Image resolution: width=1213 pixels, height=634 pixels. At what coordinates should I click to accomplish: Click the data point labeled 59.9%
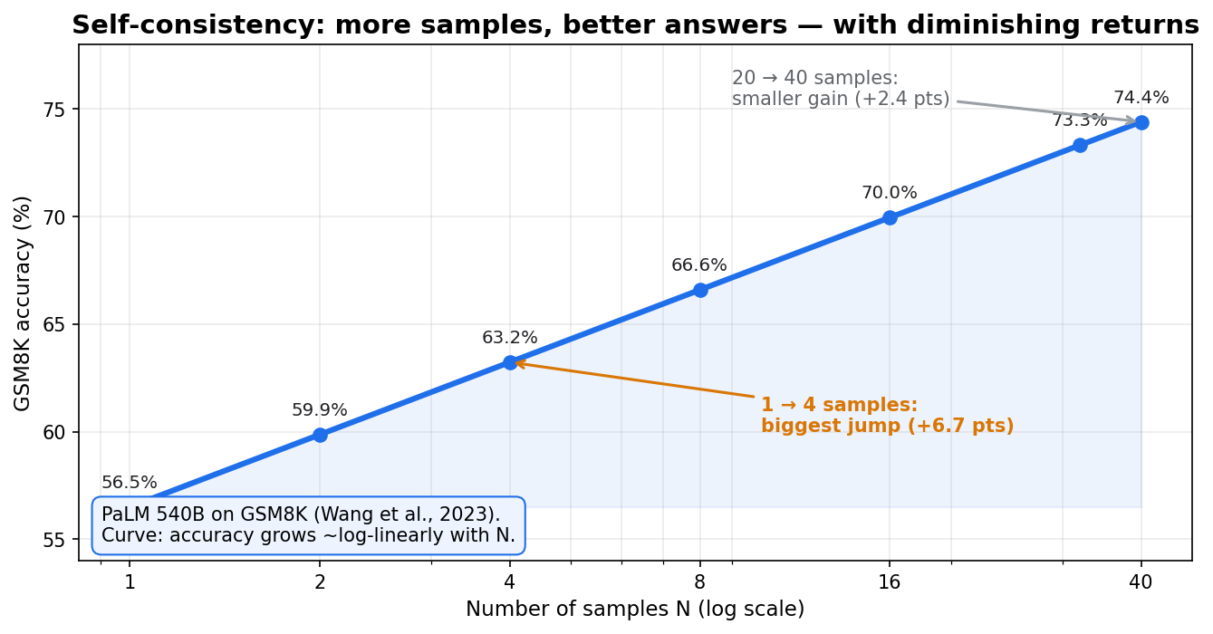point(320,435)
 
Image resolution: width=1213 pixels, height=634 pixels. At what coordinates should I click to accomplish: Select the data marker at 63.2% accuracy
point(510,363)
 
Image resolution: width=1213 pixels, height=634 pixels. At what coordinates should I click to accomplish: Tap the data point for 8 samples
point(700,290)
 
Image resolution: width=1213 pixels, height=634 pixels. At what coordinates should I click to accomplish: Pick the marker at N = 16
point(890,217)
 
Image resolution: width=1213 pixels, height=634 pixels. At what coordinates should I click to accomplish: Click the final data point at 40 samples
point(1141,123)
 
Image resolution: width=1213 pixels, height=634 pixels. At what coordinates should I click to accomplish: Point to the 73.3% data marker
point(1081,145)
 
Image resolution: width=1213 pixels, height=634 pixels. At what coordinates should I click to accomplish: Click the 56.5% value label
point(130,483)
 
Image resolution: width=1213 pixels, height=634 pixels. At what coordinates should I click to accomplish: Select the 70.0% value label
point(890,193)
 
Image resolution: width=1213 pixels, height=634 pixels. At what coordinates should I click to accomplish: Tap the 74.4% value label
point(1141,98)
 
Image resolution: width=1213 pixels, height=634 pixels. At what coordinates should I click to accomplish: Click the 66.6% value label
point(699,265)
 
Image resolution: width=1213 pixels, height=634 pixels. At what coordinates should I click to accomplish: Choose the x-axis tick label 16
point(890,582)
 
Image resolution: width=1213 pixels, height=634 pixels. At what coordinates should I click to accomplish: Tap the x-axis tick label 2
point(320,582)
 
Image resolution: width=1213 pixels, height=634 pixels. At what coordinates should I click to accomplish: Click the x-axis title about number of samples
point(635,610)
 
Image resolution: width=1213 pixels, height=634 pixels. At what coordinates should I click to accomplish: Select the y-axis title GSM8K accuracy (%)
point(23,303)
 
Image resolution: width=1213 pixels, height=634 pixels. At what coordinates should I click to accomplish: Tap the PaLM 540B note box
point(309,525)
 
